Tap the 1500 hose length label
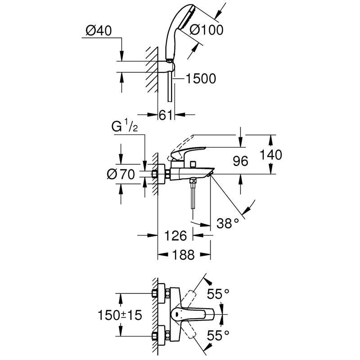coord(201,79)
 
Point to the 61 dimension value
coord(166,115)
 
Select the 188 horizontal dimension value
coord(184,255)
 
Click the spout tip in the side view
coord(210,174)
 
